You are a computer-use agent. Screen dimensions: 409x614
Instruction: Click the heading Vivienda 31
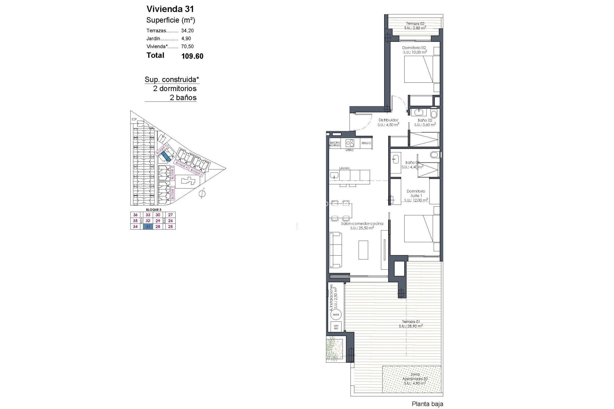pos(170,9)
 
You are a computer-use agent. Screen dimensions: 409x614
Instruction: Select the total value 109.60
pos(192,56)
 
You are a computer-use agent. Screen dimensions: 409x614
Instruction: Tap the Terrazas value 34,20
pos(187,31)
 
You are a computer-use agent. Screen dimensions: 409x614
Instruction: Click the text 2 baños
pos(183,97)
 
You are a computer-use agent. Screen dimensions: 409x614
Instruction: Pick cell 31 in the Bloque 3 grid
pos(148,227)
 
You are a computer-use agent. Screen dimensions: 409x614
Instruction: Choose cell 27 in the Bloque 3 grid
pos(170,215)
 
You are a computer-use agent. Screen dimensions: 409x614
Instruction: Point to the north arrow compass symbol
pos(202,193)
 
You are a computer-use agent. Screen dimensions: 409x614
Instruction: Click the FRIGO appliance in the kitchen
pos(366,143)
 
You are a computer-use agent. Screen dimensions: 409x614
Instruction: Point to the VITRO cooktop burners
pos(350,143)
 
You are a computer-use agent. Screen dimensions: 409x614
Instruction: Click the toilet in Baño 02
pos(434,114)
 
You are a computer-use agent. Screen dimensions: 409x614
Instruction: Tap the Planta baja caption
pos(427,404)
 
